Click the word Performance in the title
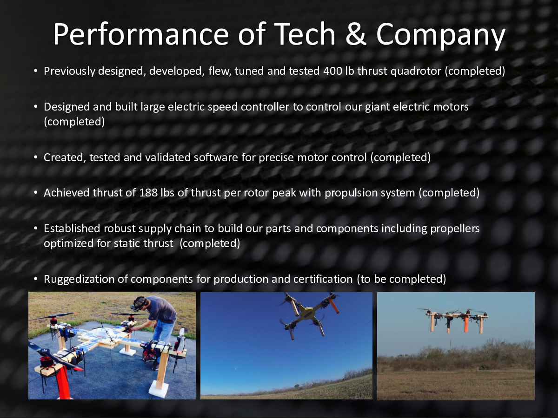tap(141, 35)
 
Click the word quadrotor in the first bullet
tap(416, 72)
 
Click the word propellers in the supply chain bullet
tap(455, 229)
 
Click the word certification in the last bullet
tap(323, 279)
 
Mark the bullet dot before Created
tap(36, 157)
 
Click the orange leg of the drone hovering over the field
tap(466, 324)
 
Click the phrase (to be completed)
tap(401, 280)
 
